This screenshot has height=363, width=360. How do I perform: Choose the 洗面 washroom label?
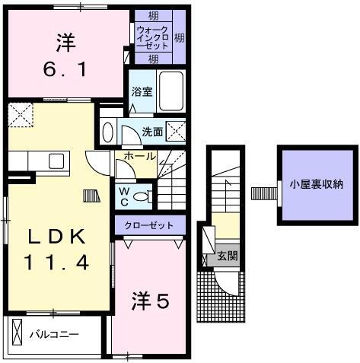point(152,132)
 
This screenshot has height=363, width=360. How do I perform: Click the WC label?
point(122,196)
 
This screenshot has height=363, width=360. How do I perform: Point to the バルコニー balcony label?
point(54,334)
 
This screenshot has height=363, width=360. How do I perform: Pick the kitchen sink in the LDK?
point(56,161)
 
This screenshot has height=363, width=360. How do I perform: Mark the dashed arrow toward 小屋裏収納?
point(261,190)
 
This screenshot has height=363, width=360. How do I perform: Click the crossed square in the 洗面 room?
point(177,131)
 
